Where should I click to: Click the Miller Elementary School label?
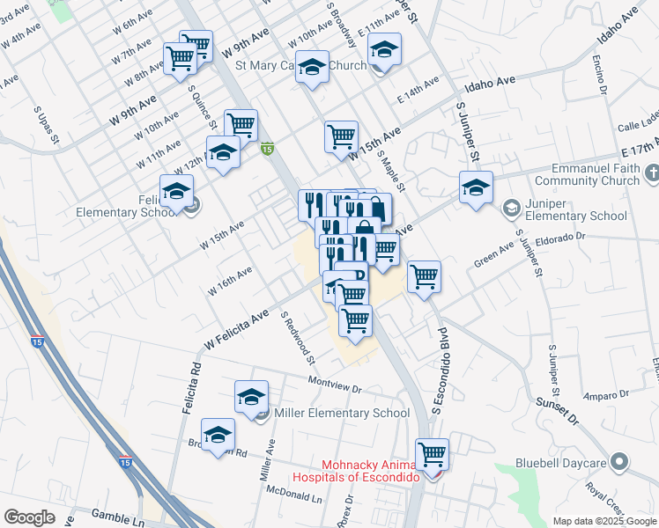(342, 413)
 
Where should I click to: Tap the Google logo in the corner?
(29, 517)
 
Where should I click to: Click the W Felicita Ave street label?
(236, 327)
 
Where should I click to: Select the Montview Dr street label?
(335, 384)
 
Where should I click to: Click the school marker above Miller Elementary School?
(251, 397)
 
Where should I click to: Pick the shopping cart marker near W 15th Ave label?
(340, 136)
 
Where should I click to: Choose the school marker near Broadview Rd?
(218, 436)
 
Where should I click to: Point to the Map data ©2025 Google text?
(604, 521)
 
